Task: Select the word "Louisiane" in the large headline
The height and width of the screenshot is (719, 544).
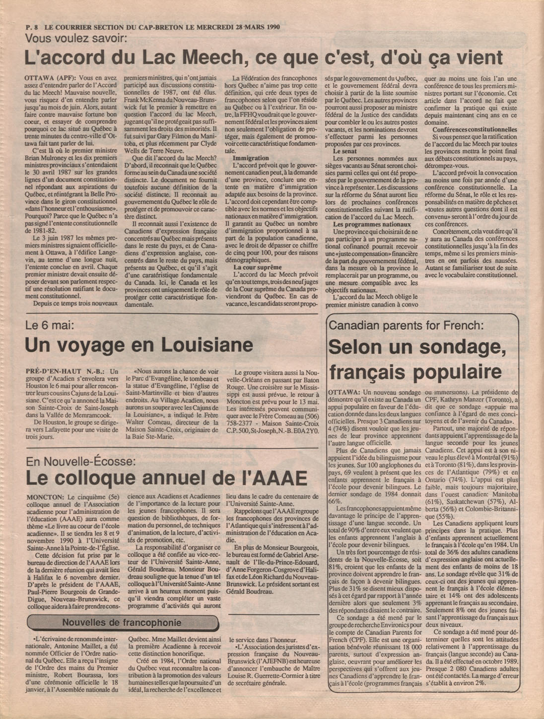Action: pyautogui.click(x=193, y=345)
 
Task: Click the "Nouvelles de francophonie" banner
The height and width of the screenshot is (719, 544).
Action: pyautogui.click(x=122, y=623)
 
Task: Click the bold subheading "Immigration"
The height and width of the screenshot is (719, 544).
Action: pyautogui.click(x=251, y=158)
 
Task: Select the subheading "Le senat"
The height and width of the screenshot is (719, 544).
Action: pyautogui.click(x=344, y=151)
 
